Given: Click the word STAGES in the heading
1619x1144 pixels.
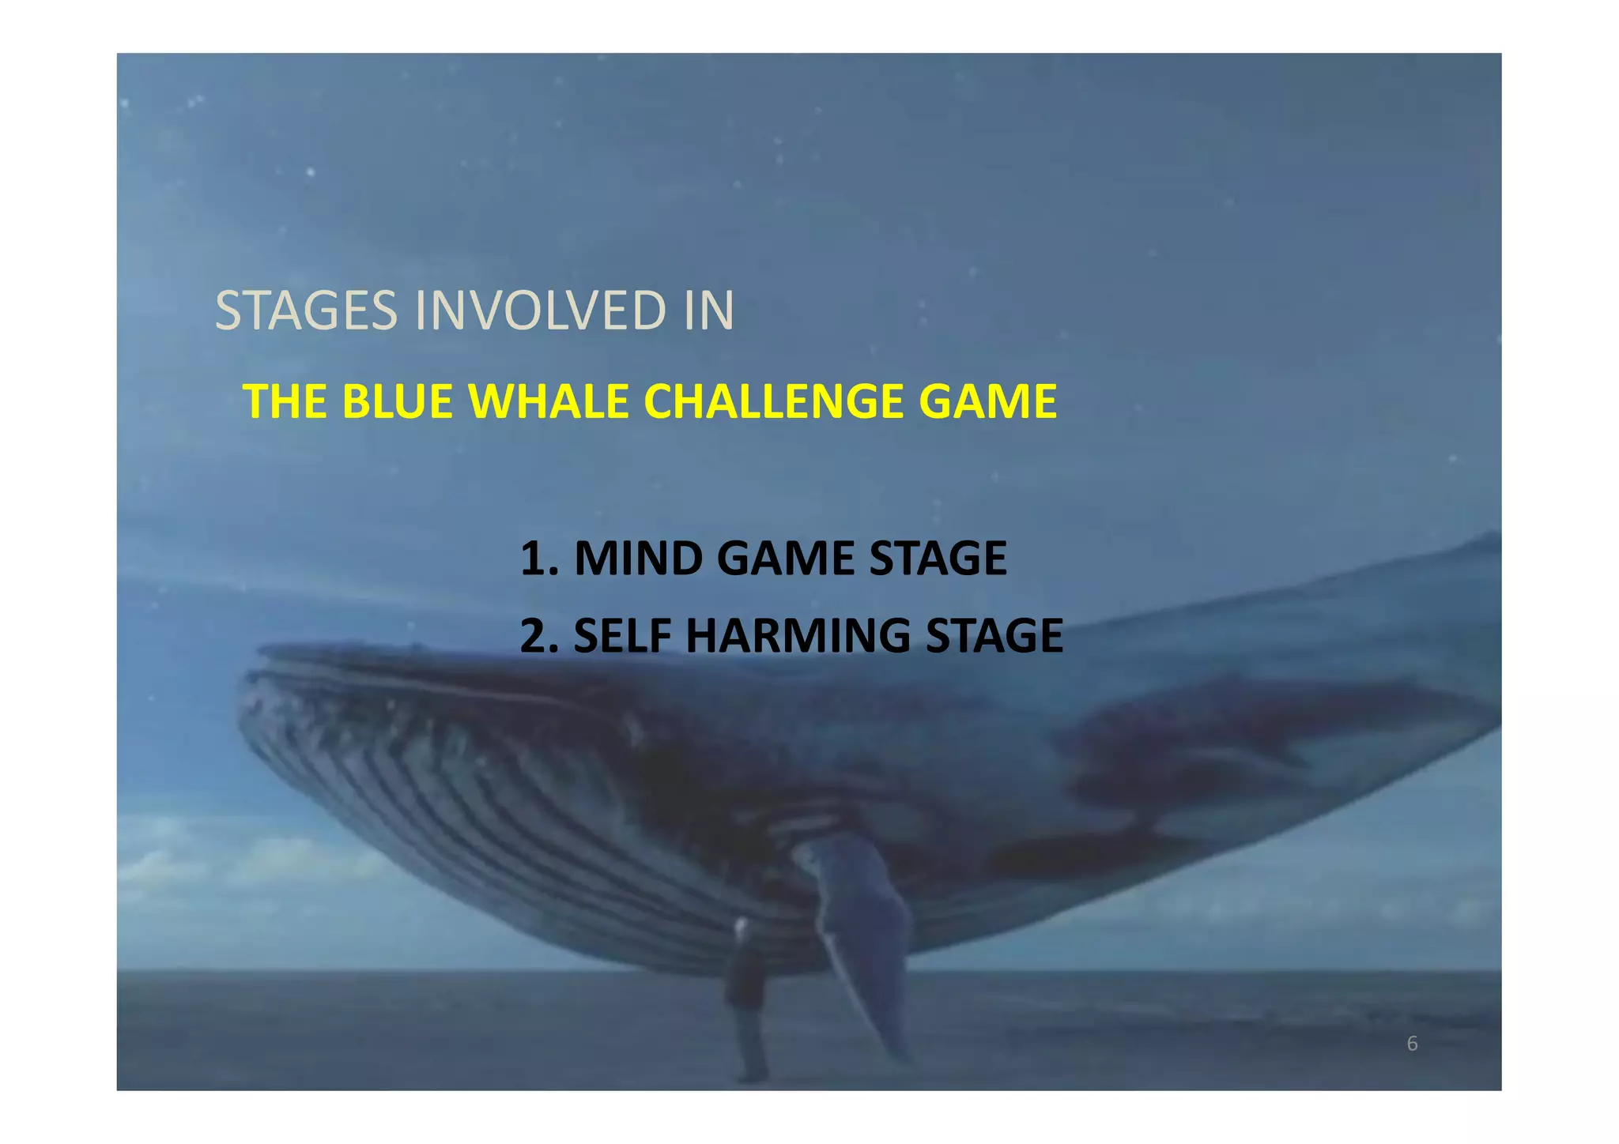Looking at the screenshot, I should pos(306,310).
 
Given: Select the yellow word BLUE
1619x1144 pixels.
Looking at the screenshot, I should pos(397,401).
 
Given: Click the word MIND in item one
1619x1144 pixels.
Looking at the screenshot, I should pos(639,559).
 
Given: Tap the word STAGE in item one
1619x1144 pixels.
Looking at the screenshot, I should pos(938,559).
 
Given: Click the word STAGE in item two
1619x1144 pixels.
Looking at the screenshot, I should pos(994,636).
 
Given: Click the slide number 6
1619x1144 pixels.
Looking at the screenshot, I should pos(1412,1044).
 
